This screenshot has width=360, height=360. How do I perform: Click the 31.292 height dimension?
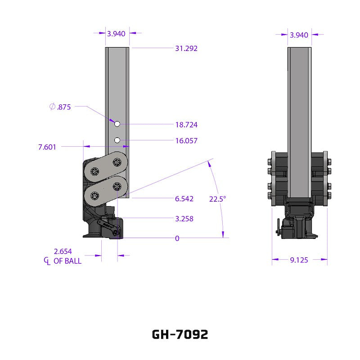click(x=186, y=48)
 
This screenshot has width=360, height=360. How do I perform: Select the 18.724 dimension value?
click(x=186, y=125)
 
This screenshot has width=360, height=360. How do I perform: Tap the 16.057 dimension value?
click(x=186, y=141)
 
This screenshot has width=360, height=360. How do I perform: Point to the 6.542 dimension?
click(x=184, y=198)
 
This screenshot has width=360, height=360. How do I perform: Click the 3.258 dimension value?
click(x=184, y=219)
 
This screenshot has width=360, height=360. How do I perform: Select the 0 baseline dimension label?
click(x=177, y=238)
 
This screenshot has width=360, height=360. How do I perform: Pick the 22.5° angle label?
click(x=217, y=198)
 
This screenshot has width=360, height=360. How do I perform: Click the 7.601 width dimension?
click(x=47, y=147)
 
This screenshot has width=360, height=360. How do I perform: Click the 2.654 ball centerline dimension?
click(x=63, y=252)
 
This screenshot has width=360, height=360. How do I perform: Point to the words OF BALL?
click(x=67, y=261)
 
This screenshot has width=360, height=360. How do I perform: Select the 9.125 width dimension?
click(x=299, y=260)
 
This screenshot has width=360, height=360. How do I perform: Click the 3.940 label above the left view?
click(x=116, y=33)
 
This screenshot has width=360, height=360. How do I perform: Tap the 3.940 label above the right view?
click(x=299, y=35)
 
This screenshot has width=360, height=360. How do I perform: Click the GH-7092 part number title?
click(x=180, y=335)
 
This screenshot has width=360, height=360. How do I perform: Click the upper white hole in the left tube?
click(x=117, y=124)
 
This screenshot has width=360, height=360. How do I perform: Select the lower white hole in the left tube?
click(x=117, y=140)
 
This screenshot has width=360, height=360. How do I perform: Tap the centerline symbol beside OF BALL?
click(x=46, y=261)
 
